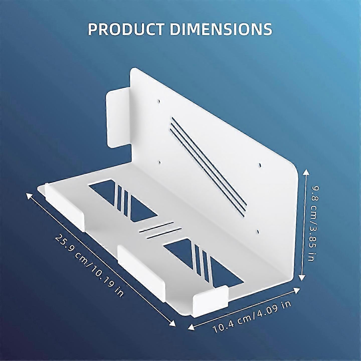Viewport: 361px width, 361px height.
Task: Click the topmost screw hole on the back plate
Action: (x=159, y=101)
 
